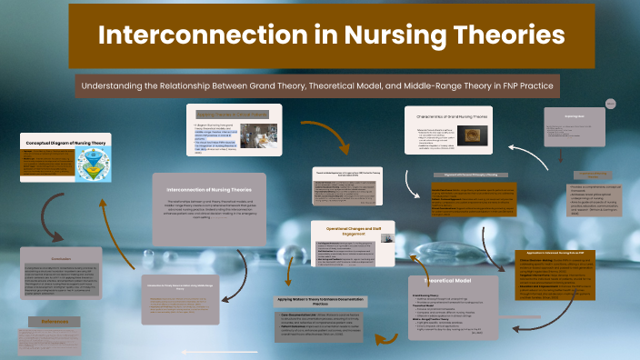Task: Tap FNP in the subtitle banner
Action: (503, 85)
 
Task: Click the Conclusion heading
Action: (60, 257)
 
